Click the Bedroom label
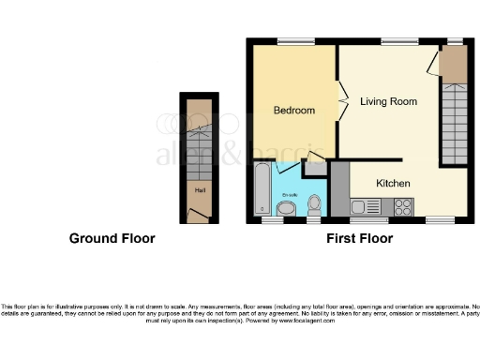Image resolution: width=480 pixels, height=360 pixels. (x=293, y=111)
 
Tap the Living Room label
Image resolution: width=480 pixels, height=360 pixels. (x=388, y=101)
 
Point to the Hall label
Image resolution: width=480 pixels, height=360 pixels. (x=199, y=191)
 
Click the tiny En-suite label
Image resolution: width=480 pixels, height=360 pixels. (x=288, y=194)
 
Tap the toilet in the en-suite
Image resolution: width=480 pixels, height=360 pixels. (x=315, y=203)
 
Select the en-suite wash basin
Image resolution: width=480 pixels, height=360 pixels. (x=289, y=206)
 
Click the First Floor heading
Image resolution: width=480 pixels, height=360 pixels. (x=359, y=239)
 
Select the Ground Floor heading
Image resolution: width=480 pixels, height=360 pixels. (x=112, y=239)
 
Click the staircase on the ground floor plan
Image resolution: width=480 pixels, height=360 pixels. (x=199, y=150)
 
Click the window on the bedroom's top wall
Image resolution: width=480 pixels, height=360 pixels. (x=295, y=40)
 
